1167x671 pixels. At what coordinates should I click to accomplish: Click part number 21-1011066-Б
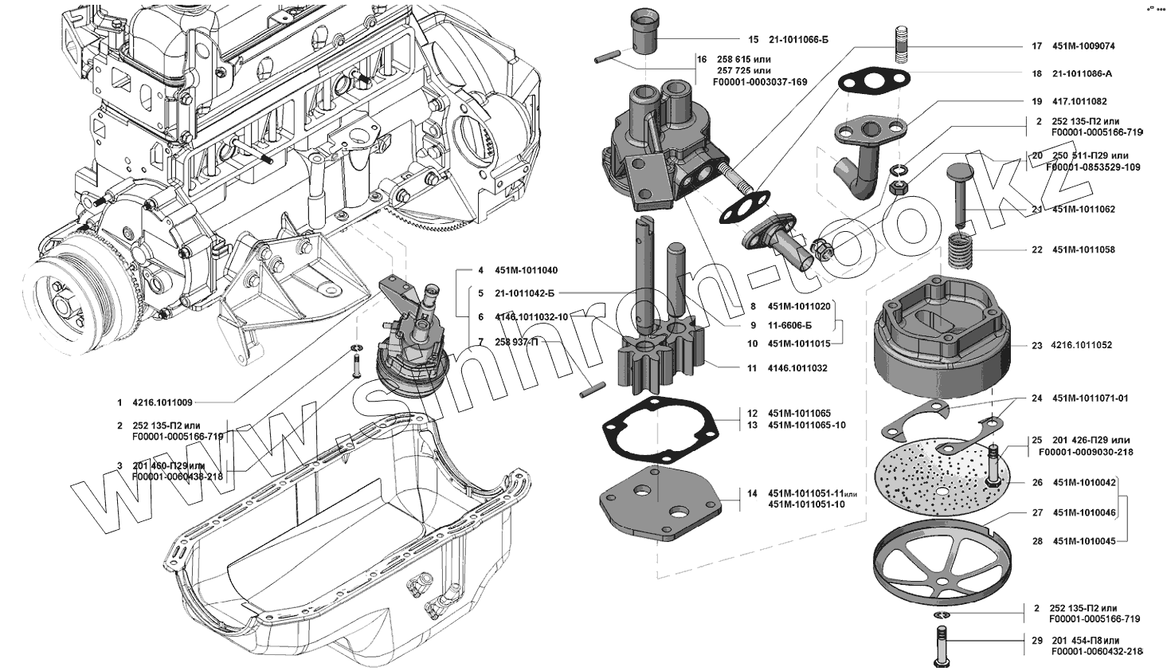point(798,39)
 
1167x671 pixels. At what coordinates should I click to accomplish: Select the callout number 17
point(1037,46)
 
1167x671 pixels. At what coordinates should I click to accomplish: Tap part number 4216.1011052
point(1083,345)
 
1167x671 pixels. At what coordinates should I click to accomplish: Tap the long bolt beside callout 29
point(940,645)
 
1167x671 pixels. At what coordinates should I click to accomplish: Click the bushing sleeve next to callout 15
point(644,30)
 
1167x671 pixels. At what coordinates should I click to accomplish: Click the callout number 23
point(1037,345)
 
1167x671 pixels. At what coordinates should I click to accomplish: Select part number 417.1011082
point(1079,101)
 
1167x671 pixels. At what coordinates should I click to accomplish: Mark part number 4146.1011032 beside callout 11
point(797,368)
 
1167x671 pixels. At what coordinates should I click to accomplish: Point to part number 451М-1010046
point(1084,512)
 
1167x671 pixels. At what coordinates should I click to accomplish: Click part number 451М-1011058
point(1083,249)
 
